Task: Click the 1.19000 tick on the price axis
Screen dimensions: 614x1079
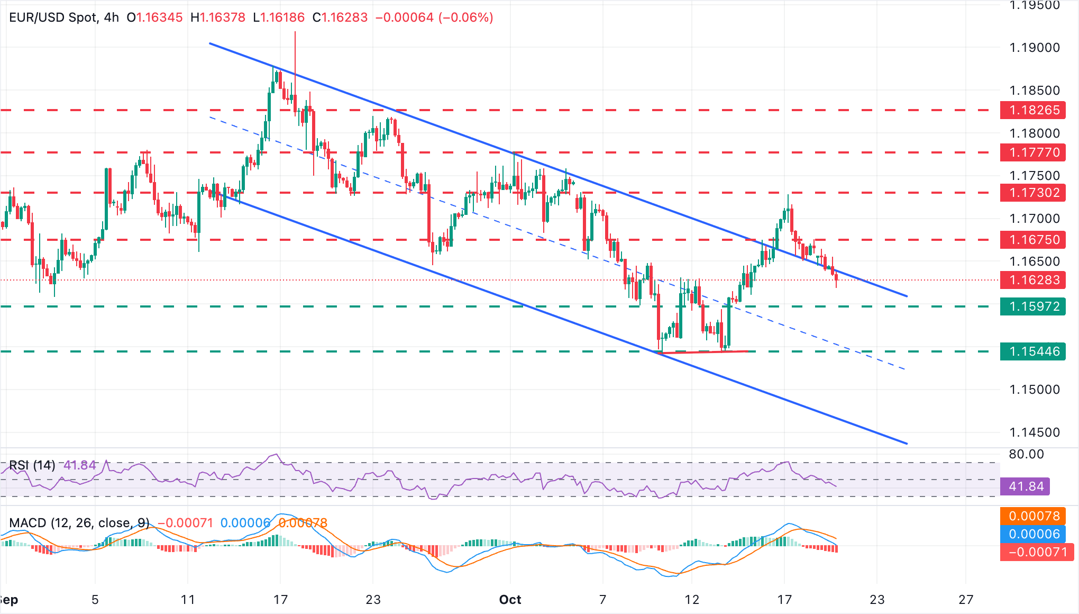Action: pyautogui.click(x=1034, y=48)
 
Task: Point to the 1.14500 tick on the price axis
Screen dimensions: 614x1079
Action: pyautogui.click(x=1034, y=432)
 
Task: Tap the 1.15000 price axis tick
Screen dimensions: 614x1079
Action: pyautogui.click(x=1034, y=390)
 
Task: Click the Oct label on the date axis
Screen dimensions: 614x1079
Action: pyautogui.click(x=510, y=600)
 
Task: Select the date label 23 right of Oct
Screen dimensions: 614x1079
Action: pyautogui.click(x=877, y=600)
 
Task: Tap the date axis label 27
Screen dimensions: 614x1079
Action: pyautogui.click(x=966, y=600)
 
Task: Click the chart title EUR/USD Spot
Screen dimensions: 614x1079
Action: pyautogui.click(x=53, y=17)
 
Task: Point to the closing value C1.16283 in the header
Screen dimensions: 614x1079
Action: pyautogui.click(x=340, y=17)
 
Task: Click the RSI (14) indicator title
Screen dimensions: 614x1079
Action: pyautogui.click(x=32, y=465)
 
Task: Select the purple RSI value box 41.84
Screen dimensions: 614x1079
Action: pyautogui.click(x=1026, y=486)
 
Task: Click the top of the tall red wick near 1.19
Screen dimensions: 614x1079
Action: pyautogui.click(x=295, y=33)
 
